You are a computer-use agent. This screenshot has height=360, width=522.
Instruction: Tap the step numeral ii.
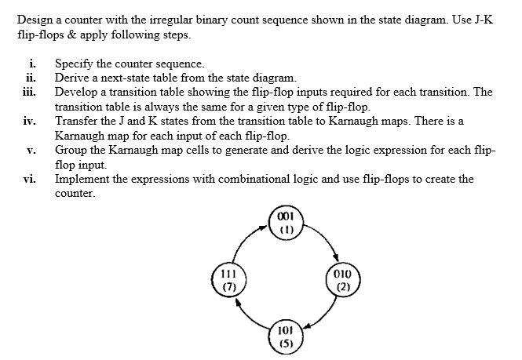coord(31,78)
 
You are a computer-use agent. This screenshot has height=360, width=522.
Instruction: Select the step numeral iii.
coord(30,92)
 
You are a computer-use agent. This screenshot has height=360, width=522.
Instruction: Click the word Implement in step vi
coord(82,179)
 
